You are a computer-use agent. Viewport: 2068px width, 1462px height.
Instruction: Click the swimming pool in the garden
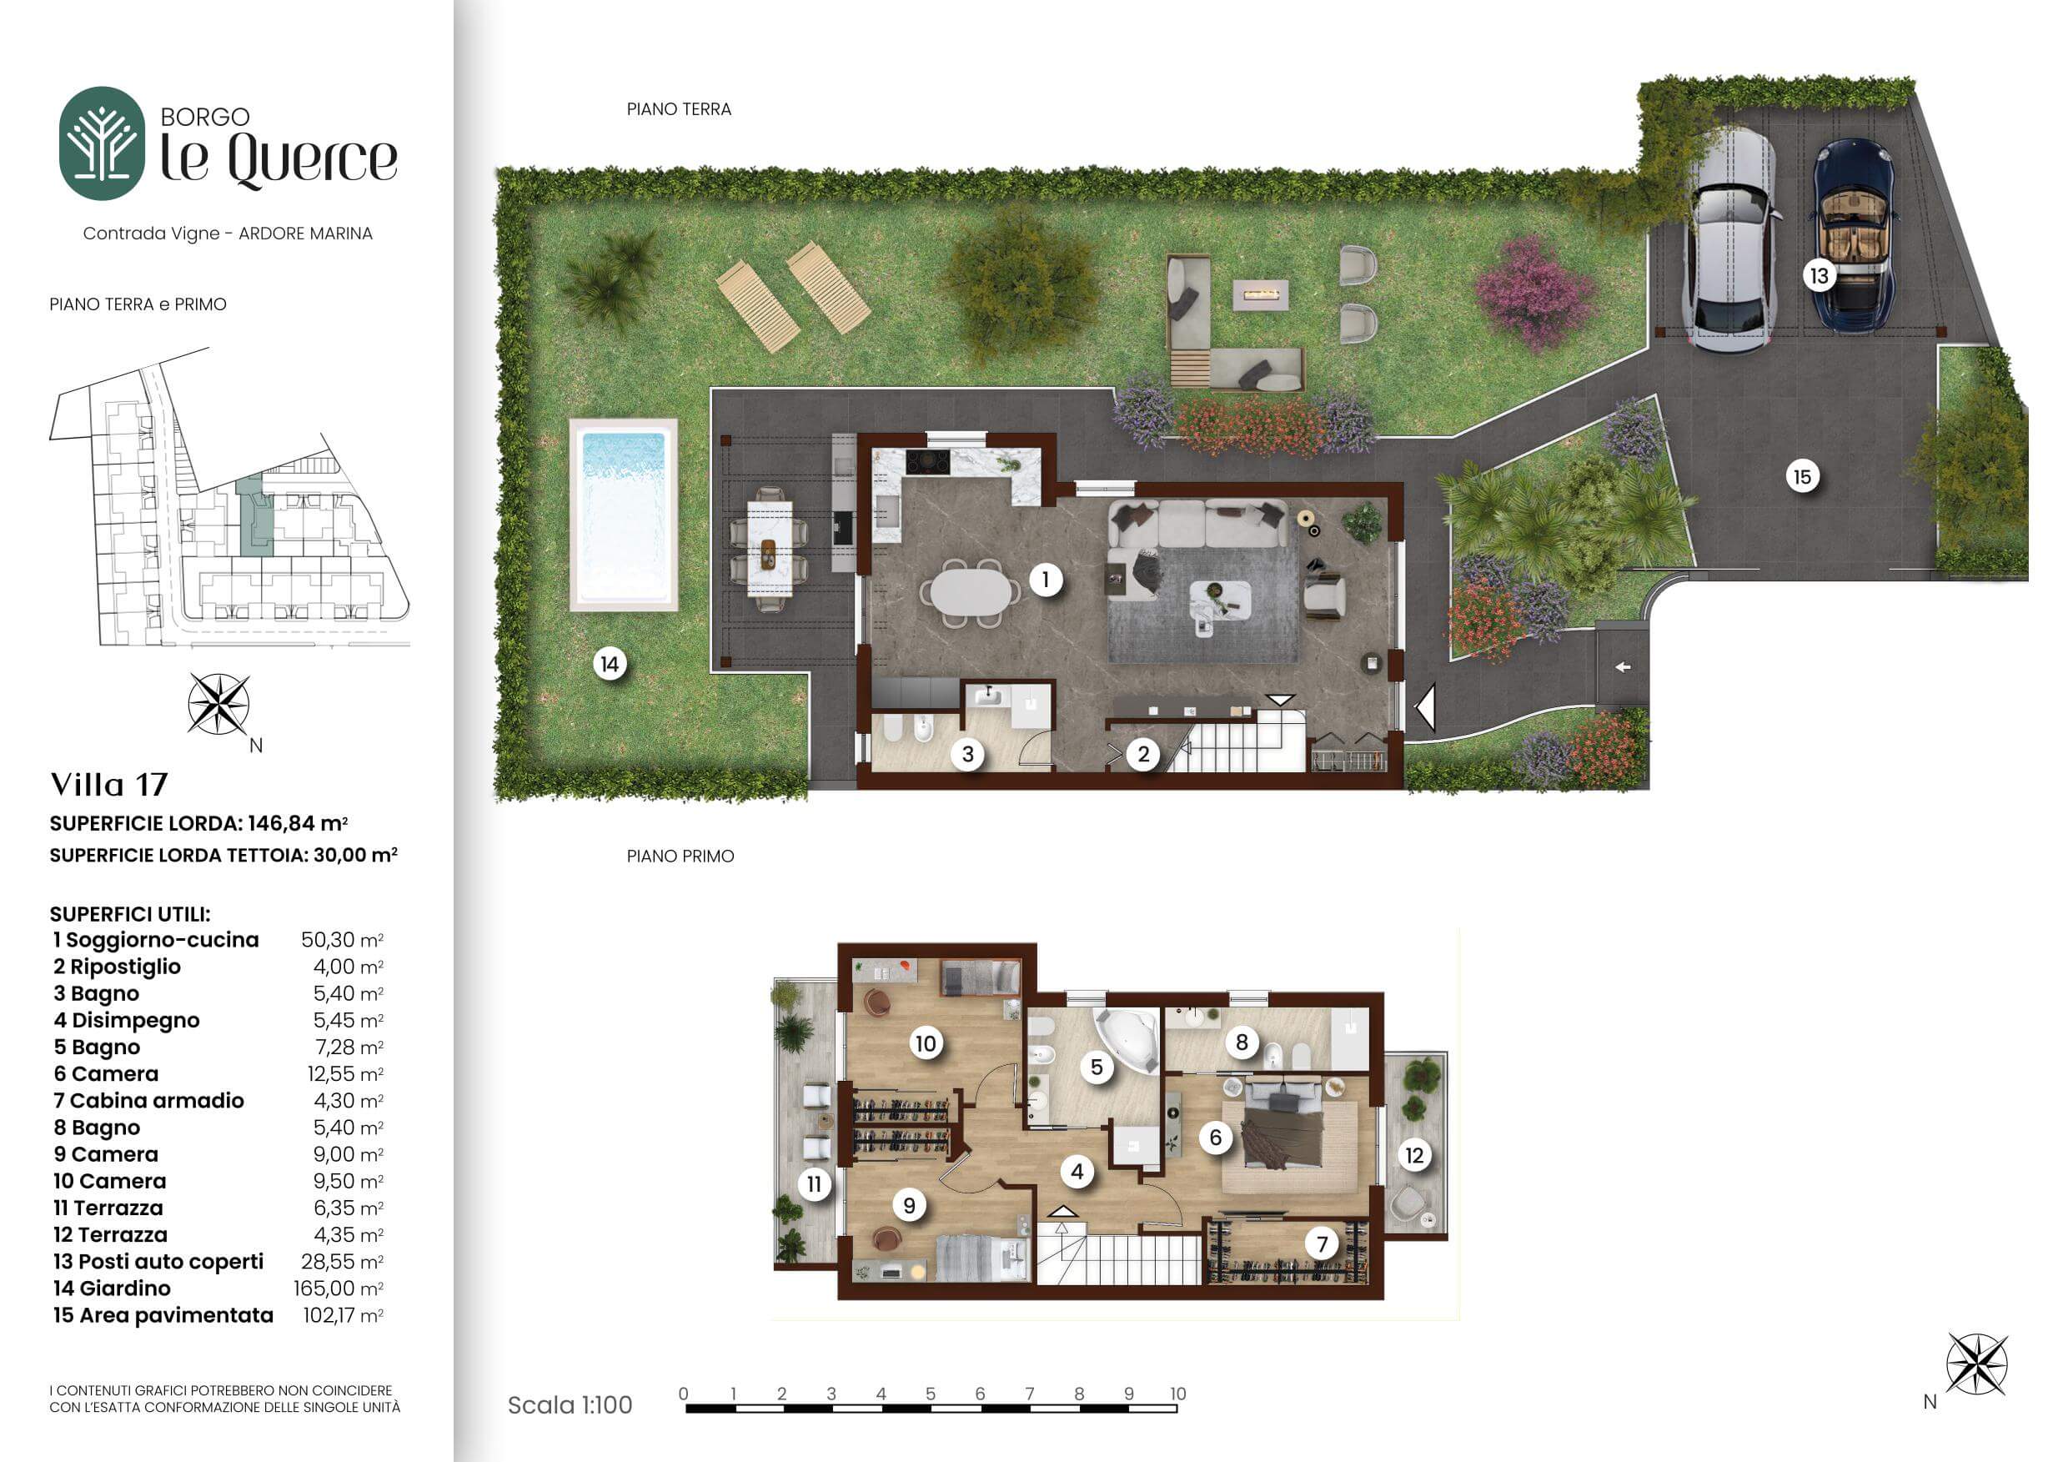tap(623, 515)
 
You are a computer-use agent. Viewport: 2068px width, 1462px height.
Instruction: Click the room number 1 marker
tap(1045, 580)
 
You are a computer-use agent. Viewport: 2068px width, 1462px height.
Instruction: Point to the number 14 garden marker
tap(610, 665)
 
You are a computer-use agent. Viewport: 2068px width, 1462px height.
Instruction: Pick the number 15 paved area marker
tap(1801, 476)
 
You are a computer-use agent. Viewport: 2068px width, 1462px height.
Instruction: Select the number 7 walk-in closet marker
tap(1322, 1244)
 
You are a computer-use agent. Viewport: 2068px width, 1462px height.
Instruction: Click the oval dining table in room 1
tap(971, 593)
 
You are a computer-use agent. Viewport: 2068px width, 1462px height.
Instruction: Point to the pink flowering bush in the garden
tap(1533, 292)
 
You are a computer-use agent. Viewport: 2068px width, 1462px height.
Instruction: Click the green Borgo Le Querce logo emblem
tap(102, 143)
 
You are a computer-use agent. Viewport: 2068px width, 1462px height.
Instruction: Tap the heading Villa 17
tap(109, 785)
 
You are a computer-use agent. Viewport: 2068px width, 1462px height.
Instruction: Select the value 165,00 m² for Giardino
tap(339, 1289)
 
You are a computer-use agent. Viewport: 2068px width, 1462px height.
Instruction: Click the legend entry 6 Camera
tap(105, 1073)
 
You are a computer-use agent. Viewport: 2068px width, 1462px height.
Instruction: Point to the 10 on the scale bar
tap(1177, 1394)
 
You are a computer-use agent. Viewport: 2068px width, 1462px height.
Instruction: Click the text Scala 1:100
tap(570, 1405)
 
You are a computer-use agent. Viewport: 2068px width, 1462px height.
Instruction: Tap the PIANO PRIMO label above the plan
tap(680, 856)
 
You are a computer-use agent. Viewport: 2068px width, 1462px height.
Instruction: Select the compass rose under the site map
tap(218, 705)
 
